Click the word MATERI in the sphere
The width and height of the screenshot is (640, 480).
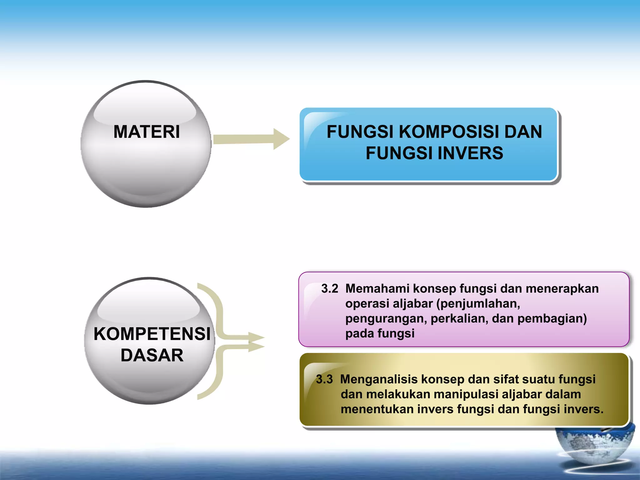click(147, 132)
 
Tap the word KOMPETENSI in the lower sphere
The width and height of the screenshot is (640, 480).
click(152, 334)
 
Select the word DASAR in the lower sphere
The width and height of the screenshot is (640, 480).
click(152, 355)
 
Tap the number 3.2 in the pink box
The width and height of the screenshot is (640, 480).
click(330, 288)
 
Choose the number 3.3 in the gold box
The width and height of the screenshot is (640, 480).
click(324, 379)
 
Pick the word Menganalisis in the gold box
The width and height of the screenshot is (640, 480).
click(379, 379)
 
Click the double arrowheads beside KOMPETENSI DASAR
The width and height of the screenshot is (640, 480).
click(256, 342)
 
